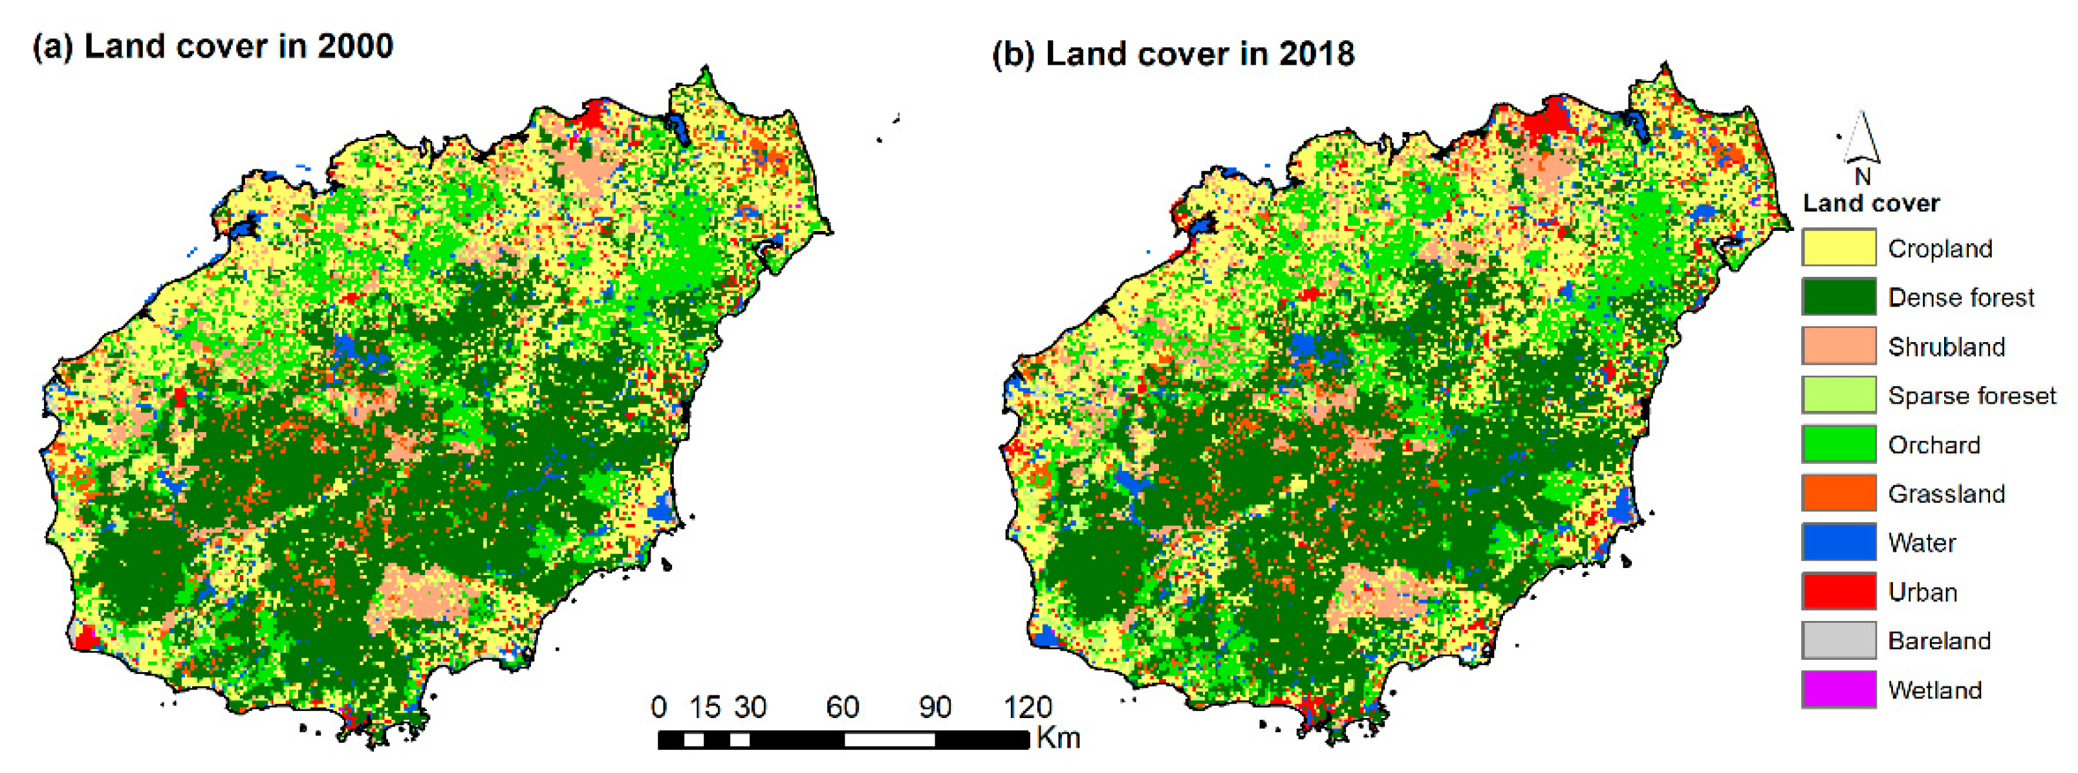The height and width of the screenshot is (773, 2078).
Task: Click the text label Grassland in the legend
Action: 1945,494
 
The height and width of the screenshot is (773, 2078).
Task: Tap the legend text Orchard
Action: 1934,444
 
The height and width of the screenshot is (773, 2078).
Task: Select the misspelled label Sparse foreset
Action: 1971,395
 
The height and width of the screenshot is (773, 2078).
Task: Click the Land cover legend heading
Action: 1870,202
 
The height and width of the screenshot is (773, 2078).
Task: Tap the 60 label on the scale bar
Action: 842,707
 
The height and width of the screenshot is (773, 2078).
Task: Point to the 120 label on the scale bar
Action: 1027,707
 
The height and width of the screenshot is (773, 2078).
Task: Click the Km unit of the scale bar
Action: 1057,737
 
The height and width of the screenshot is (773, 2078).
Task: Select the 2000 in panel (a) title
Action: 355,46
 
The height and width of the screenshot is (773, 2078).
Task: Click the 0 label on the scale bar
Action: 658,707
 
